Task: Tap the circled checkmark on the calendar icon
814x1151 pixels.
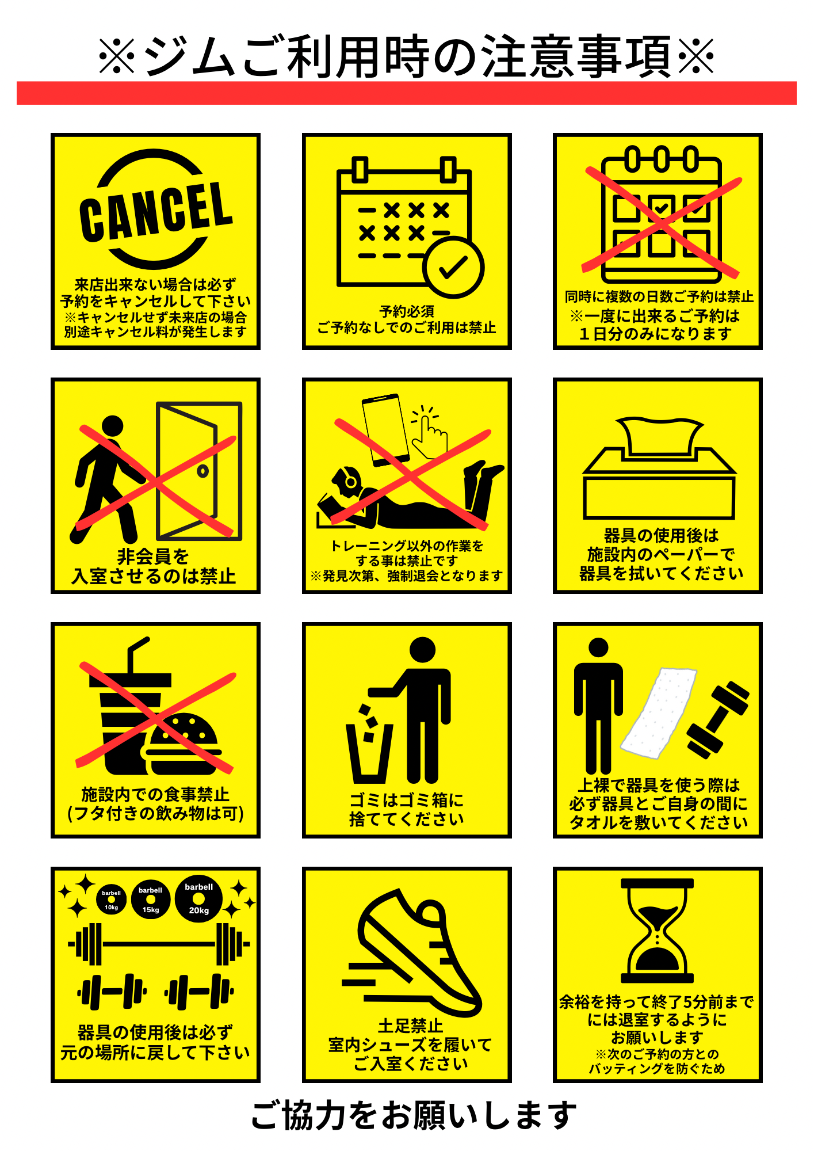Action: tap(453, 268)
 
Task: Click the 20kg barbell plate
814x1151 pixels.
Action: tap(199, 899)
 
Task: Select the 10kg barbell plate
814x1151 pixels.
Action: tap(111, 901)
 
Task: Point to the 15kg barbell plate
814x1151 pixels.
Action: tap(151, 900)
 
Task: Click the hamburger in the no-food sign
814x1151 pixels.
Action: tap(181, 744)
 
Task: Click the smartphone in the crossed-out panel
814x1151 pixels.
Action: tap(385, 430)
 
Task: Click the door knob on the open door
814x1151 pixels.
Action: tap(202, 471)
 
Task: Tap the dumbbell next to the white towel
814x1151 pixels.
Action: tap(718, 720)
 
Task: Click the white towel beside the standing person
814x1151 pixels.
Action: tap(658, 712)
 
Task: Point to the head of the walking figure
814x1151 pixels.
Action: tap(112, 426)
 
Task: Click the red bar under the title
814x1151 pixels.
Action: tap(407, 93)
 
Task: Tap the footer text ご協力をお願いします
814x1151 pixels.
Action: tap(414, 1115)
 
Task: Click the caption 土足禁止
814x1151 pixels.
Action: tap(410, 1026)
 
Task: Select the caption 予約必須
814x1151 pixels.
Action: tap(407, 311)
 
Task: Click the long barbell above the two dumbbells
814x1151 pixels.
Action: tap(159, 944)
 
